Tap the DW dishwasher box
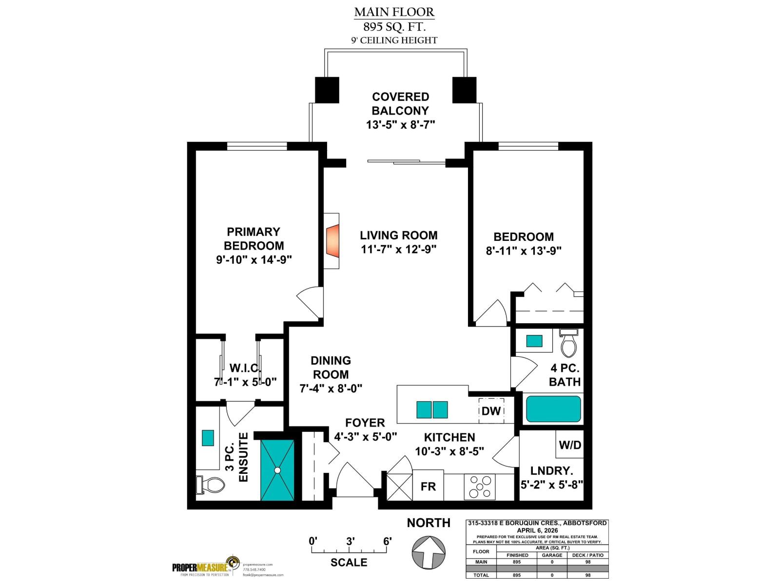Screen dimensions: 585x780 (x=491, y=411)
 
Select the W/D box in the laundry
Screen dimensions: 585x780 (x=569, y=445)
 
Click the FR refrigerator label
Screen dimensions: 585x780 (x=428, y=486)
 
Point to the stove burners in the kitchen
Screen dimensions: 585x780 (x=480, y=487)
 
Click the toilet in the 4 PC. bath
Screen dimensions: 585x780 (x=568, y=344)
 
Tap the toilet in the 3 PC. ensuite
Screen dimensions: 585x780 (x=211, y=484)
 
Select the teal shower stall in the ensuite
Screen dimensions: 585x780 (x=277, y=470)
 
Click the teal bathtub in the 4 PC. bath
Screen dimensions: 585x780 (x=553, y=409)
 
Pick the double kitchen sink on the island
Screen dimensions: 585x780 (x=432, y=409)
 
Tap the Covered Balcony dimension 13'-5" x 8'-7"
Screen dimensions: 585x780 (x=400, y=125)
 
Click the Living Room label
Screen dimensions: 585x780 (x=398, y=235)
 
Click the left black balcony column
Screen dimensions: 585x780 (x=327, y=90)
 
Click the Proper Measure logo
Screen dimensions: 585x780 (x=205, y=567)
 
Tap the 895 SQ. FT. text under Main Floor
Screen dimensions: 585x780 (x=394, y=27)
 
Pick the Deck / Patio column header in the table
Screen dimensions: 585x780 (x=587, y=555)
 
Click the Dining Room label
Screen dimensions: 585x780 (x=331, y=368)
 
